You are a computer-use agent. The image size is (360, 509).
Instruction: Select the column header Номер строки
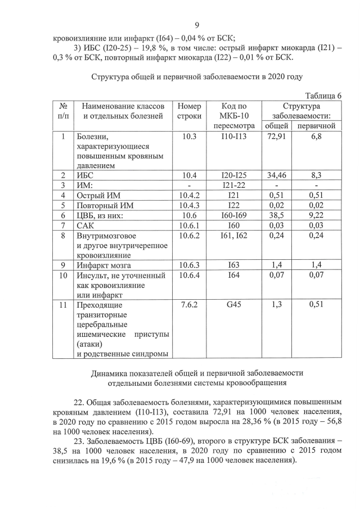click(x=189, y=111)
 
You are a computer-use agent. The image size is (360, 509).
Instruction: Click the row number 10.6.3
click(x=189, y=263)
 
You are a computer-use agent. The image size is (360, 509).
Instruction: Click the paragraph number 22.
click(x=79, y=402)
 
